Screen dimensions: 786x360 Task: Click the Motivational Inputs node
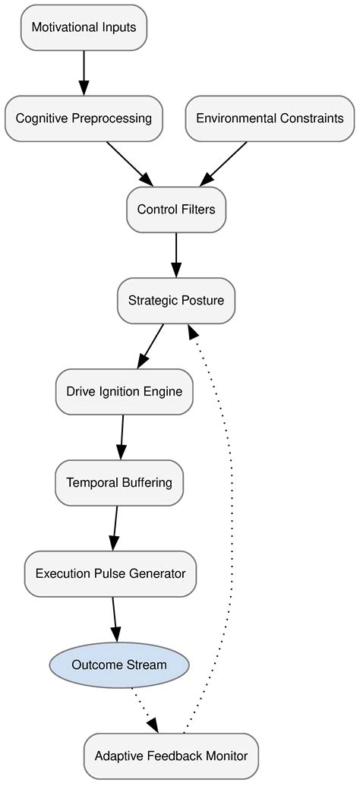pos(84,27)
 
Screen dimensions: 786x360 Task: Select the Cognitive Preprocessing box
pos(84,118)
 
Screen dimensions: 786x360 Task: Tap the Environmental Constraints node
pos(270,118)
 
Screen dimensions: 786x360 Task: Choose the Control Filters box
pos(176,210)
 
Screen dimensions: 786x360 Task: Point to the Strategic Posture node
pos(176,301)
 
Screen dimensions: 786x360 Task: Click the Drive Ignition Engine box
pos(125,392)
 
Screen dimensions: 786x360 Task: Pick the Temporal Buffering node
pos(119,483)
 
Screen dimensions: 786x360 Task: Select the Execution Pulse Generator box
pos(110,574)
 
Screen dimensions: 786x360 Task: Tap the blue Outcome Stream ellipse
pos(118,665)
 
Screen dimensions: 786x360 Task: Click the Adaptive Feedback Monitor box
pos(171,756)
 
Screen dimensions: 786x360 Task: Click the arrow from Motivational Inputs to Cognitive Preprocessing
pos(84,73)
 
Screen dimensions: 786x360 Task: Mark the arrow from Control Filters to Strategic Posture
pos(176,255)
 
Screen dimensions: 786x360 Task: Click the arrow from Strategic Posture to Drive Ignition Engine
pos(150,346)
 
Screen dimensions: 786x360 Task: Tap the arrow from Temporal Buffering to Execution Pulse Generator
pos(115,529)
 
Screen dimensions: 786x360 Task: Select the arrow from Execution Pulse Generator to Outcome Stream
pos(115,620)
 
